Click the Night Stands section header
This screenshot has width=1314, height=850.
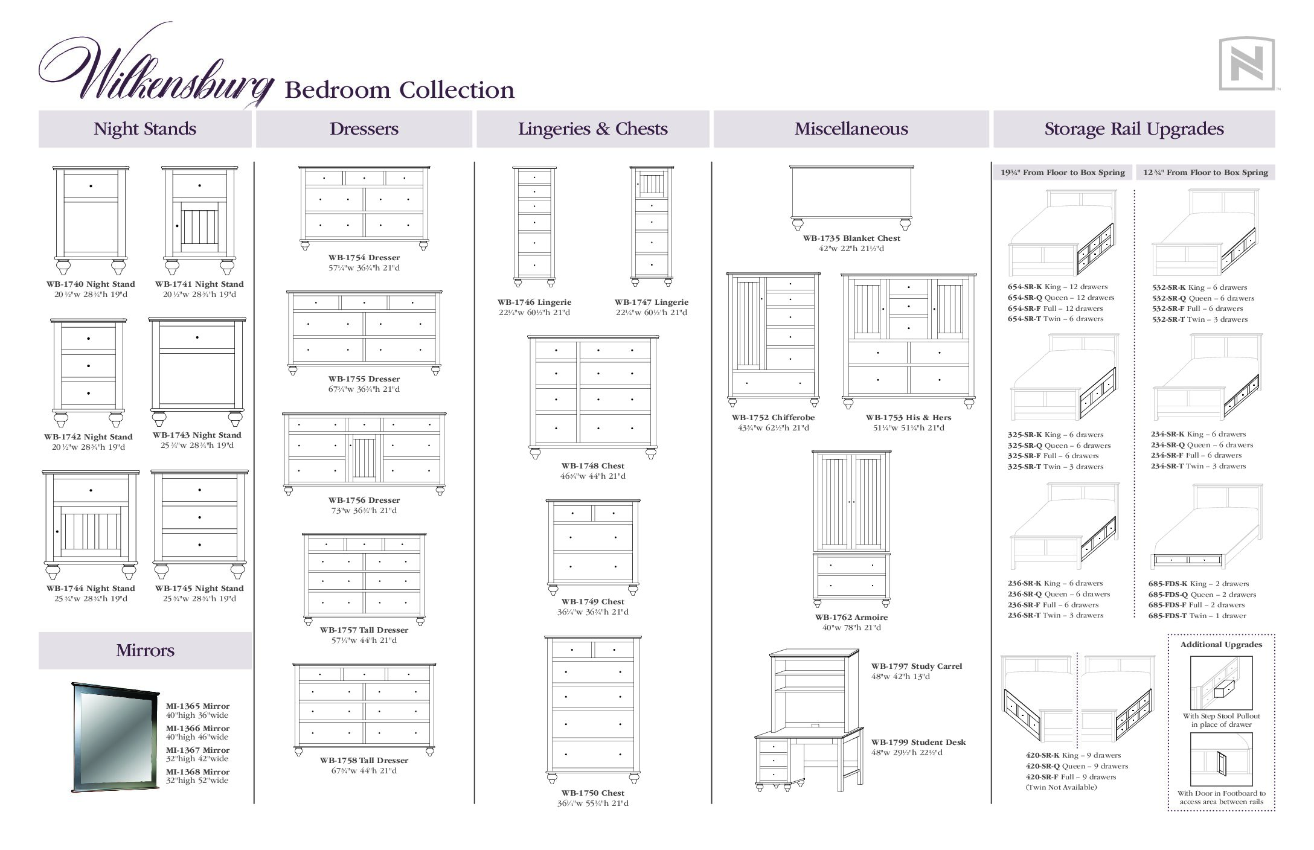[145, 129]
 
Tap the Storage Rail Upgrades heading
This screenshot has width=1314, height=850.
[1134, 129]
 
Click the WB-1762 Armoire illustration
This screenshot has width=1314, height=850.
[851, 529]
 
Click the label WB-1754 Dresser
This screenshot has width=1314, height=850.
[364, 258]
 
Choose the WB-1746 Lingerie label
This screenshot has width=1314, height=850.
[534, 302]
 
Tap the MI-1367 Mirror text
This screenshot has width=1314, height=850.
[198, 750]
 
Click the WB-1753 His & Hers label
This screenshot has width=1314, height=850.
[908, 418]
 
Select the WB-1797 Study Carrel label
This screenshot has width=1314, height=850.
[917, 666]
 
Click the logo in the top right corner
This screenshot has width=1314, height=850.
[1246, 63]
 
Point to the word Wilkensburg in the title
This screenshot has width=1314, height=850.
[156, 69]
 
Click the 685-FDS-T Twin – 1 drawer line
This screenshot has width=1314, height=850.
[1197, 616]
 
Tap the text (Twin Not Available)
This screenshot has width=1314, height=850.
[1061, 787]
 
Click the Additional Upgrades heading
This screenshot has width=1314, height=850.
[1221, 645]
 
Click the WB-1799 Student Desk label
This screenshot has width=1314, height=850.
[918, 743]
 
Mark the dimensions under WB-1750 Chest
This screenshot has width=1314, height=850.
[592, 804]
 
